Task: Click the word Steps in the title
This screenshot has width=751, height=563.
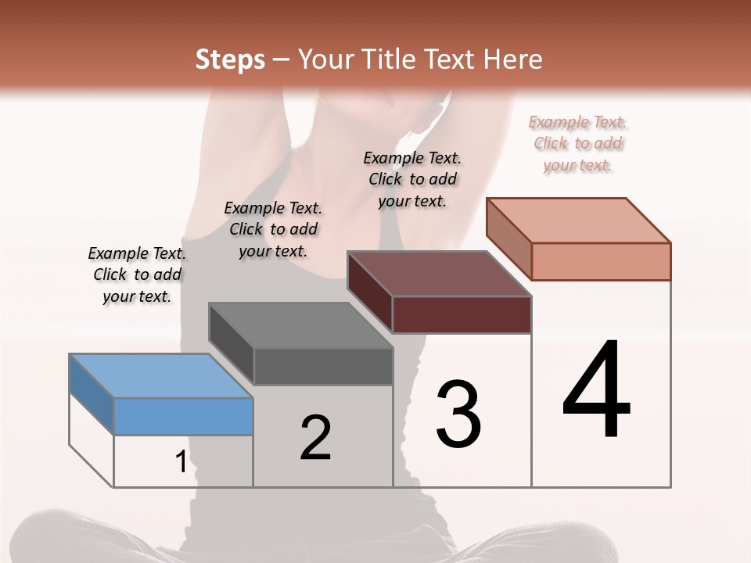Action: click(230, 59)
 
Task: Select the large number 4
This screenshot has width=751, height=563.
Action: click(596, 391)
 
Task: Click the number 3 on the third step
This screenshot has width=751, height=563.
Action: click(458, 414)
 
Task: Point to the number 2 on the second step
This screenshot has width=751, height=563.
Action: click(315, 438)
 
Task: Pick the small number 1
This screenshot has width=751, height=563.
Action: click(181, 462)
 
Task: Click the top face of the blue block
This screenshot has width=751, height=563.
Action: click(160, 375)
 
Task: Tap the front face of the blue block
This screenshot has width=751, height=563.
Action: click(183, 416)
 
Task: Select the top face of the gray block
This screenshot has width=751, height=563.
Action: click(300, 325)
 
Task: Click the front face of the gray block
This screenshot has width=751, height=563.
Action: click(323, 366)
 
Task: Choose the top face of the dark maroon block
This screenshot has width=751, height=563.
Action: click(439, 274)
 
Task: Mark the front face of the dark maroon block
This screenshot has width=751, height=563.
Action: click(462, 314)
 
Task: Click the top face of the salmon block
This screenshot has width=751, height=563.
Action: click(578, 220)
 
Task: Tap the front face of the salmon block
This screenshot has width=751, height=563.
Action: click(601, 261)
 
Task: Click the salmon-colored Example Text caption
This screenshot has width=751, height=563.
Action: click(577, 144)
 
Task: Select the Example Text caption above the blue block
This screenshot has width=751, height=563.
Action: click(137, 274)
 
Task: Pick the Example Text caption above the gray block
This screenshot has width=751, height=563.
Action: click(273, 229)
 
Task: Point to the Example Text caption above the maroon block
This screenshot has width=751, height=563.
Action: click(412, 179)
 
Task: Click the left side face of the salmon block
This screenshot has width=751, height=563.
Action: click(508, 238)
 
